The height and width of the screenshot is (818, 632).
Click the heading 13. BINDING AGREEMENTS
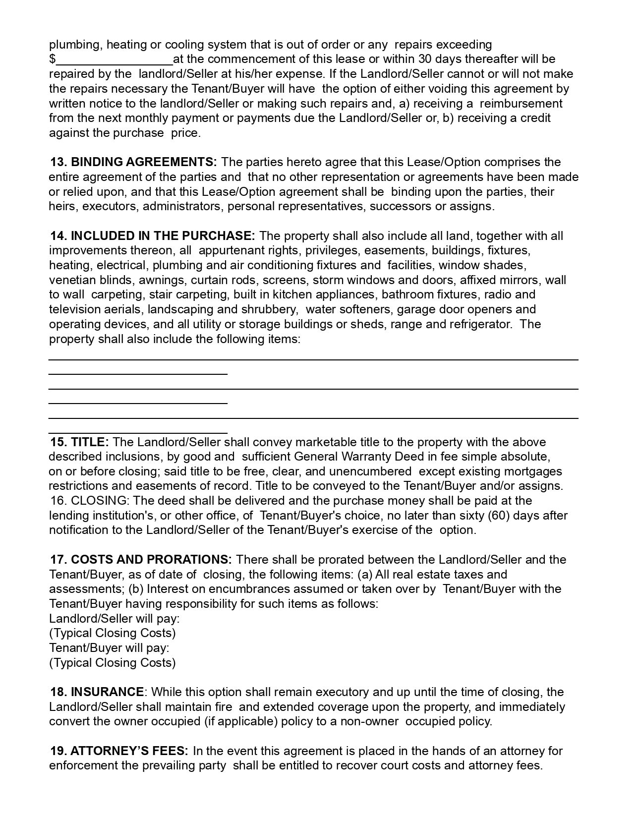[133, 162]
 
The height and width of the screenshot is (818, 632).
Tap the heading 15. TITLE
[79, 442]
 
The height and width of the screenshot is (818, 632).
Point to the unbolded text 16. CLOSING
[90, 501]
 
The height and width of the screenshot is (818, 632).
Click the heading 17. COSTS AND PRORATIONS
[141, 560]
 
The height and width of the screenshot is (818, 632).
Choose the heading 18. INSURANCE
[97, 692]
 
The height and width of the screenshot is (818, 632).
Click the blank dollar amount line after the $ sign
[115, 59]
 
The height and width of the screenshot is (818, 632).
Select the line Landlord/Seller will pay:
[115, 619]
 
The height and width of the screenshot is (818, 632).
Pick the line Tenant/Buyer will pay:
[109, 648]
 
